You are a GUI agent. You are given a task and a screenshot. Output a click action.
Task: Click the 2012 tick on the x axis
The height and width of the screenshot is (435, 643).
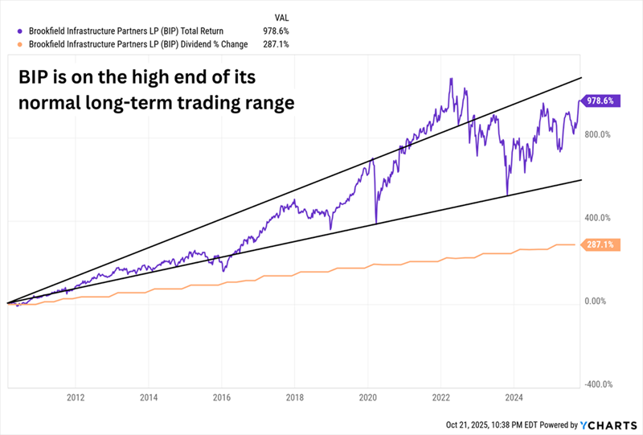(x=76, y=397)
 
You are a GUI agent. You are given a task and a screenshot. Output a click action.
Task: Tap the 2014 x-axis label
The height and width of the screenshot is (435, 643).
(x=149, y=397)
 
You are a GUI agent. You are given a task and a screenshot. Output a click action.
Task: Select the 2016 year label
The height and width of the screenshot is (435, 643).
(x=222, y=397)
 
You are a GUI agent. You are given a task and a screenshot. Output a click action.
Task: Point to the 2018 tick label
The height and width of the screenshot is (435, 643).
(x=295, y=397)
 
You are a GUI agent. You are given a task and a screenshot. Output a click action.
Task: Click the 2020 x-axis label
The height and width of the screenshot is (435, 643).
(x=368, y=397)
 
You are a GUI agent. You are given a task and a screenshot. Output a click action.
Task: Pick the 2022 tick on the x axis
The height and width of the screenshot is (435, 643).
(x=441, y=397)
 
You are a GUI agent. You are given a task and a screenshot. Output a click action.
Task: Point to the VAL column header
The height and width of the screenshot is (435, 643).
(x=281, y=16)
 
